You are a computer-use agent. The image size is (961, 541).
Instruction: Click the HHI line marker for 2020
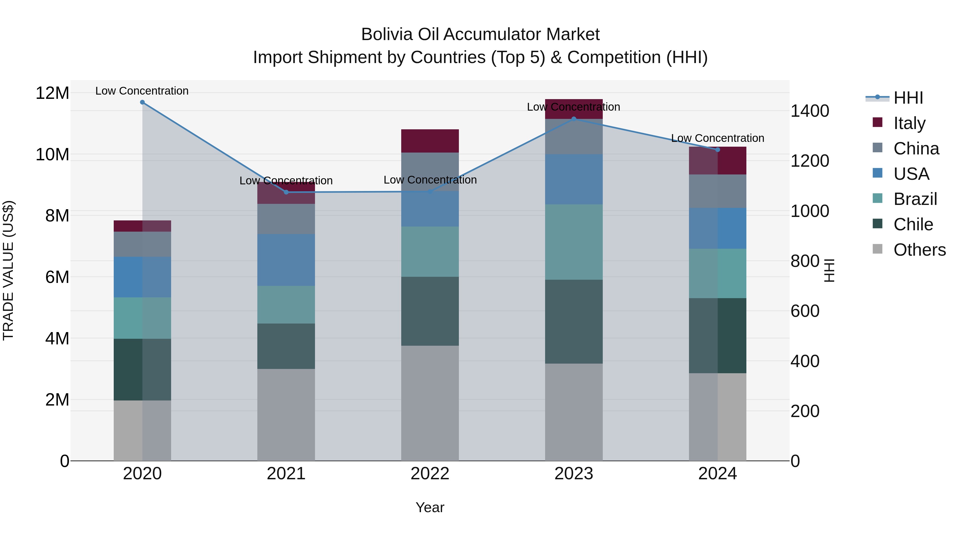pyautogui.click(x=142, y=102)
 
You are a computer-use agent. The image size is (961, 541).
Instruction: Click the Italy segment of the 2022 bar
pyautogui.click(x=430, y=141)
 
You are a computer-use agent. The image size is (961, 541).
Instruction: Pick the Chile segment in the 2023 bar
pyautogui.click(x=574, y=321)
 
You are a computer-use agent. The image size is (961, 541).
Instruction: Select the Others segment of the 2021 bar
pyautogui.click(x=286, y=414)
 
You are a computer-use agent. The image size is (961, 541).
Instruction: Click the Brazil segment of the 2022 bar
pyautogui.click(x=430, y=252)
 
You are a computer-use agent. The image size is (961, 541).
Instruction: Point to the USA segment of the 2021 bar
pyautogui.click(x=286, y=260)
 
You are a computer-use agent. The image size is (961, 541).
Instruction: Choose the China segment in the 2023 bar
pyautogui.click(x=574, y=137)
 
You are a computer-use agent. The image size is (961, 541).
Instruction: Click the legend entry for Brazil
pyautogui.click(x=915, y=199)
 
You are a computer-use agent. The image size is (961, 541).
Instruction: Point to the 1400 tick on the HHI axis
pyautogui.click(x=810, y=111)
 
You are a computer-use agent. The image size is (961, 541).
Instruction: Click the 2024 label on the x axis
pyautogui.click(x=717, y=474)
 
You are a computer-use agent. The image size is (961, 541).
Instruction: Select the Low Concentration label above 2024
pyautogui.click(x=717, y=138)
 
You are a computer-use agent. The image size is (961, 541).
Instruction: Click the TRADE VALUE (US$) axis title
pyautogui.click(x=8, y=270)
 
